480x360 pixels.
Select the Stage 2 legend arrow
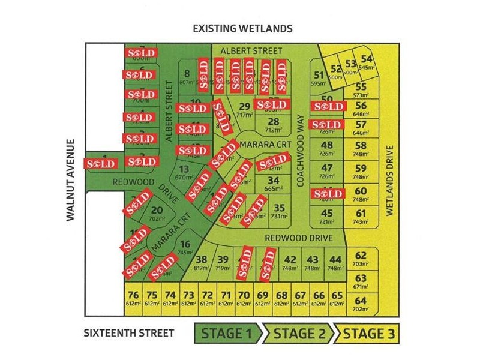[297, 333]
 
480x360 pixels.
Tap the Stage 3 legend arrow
[367, 333]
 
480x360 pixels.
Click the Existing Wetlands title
[242, 28]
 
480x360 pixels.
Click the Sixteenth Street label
[129, 333]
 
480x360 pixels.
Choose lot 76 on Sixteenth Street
[134, 298]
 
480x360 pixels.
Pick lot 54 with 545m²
[367, 62]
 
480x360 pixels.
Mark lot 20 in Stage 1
[157, 213]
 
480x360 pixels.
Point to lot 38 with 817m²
[202, 263]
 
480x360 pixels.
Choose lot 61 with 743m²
[361, 217]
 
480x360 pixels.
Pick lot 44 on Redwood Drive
[335, 263]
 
